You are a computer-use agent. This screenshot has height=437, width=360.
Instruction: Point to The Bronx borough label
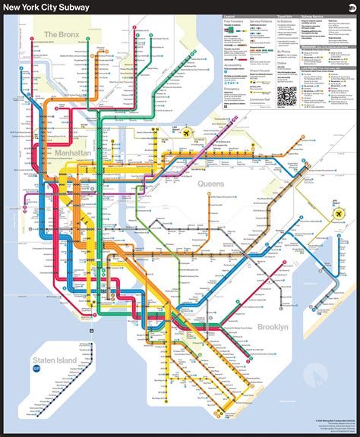(62, 34)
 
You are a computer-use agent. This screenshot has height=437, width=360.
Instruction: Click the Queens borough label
(212, 184)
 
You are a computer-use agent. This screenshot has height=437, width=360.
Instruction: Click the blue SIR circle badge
(36, 369)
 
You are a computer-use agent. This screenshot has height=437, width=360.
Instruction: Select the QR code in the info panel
(286, 96)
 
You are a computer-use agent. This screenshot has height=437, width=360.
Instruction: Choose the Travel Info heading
(286, 15)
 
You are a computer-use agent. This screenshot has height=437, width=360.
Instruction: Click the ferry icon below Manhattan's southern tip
(90, 331)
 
